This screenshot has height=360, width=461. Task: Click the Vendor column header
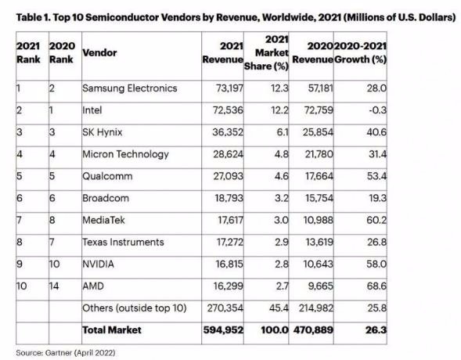tap(99, 53)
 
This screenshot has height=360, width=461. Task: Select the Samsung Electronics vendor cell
tap(130, 88)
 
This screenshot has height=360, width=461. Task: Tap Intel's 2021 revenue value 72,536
tap(228, 110)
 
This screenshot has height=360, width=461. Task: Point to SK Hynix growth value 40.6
tap(376, 132)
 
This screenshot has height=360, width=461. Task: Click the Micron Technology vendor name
tap(125, 155)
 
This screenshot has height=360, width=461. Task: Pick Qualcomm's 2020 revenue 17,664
tap(319, 176)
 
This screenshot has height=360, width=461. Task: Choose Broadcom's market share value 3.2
tap(281, 198)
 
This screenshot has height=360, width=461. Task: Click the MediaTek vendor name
tap(103, 220)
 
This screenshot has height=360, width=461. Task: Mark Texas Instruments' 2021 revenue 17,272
tap(230, 242)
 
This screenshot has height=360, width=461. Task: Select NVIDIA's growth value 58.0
tap(376, 264)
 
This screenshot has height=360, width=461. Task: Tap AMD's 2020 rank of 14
tap(54, 286)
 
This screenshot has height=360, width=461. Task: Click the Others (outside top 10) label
tap(135, 308)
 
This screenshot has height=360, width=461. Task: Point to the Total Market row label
tap(112, 330)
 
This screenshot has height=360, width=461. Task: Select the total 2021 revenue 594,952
tap(223, 330)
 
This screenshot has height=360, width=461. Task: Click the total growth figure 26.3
tap(376, 330)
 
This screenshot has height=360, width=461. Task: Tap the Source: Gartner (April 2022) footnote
tap(66, 353)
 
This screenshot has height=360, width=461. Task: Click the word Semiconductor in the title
tap(122, 17)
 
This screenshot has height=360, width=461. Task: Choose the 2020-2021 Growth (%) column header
tap(361, 53)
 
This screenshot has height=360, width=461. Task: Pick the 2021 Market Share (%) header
tap(266, 53)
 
